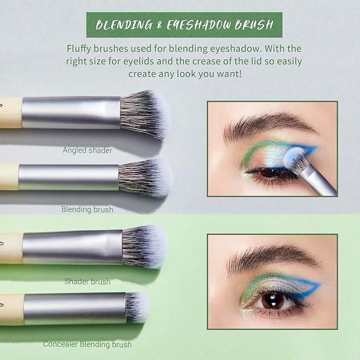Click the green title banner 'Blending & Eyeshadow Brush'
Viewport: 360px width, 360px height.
pos(184,24)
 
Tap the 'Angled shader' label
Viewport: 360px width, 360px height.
pos(87,150)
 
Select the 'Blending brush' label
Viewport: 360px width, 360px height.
pos(87,209)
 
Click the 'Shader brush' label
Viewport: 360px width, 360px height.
pos(87,282)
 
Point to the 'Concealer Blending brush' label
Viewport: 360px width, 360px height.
pos(87,345)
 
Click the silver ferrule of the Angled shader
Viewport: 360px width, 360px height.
pos(72,112)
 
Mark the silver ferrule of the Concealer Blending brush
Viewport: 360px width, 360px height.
pos(74,309)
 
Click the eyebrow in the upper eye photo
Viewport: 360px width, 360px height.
pos(265,125)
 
